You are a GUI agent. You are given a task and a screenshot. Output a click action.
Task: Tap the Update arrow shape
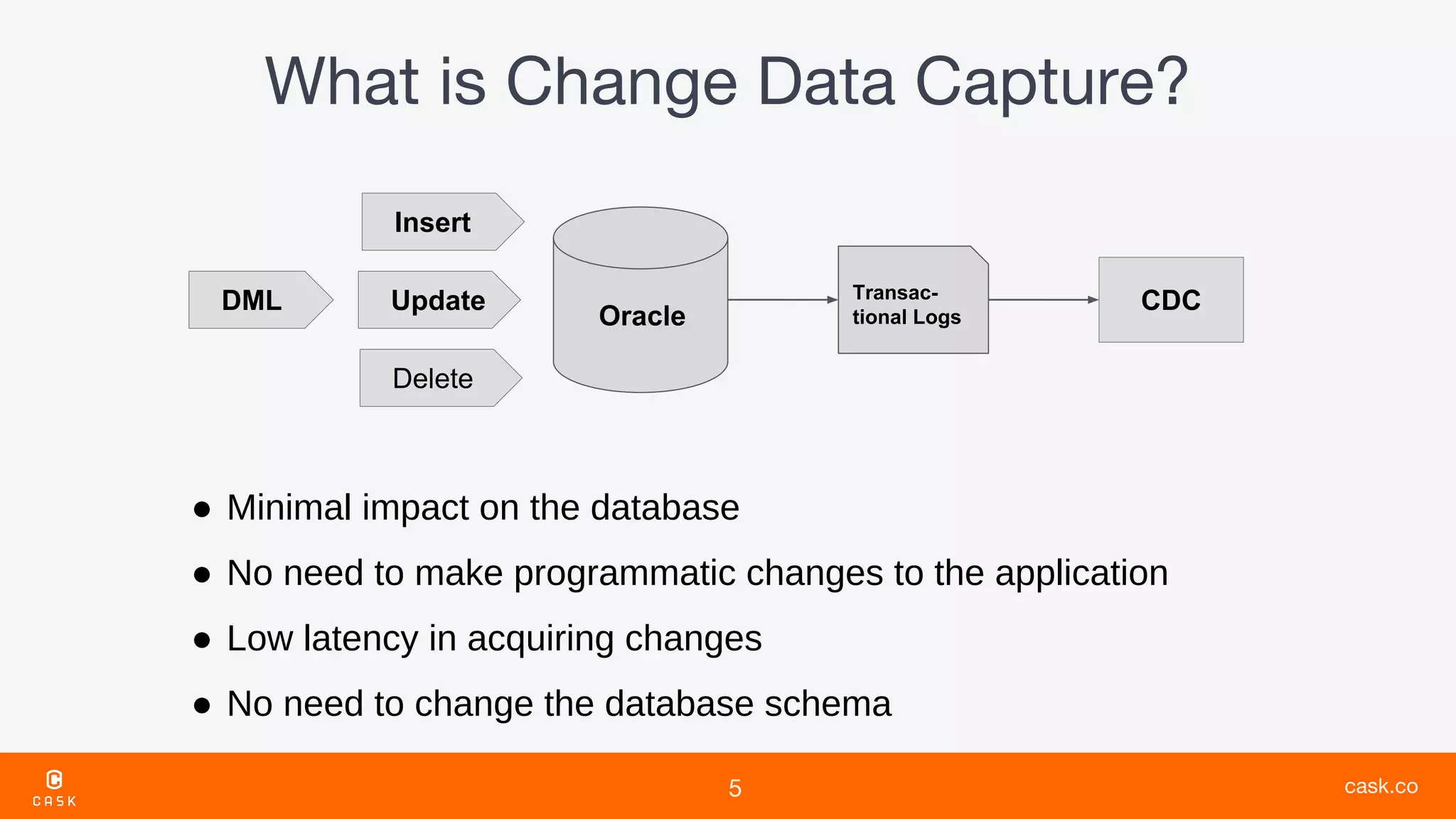point(439,300)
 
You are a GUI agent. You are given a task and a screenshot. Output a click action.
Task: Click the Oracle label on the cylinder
point(642,316)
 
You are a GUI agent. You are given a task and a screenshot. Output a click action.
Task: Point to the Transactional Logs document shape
point(912,301)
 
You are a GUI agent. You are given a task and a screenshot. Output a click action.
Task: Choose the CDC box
point(1170,300)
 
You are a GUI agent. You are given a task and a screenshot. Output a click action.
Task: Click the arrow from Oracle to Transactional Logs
point(782,300)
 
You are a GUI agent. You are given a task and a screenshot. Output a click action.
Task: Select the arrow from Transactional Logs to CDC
point(1043,300)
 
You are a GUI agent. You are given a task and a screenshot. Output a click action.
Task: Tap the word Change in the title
point(621,82)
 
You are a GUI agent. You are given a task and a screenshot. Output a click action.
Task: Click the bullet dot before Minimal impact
point(202,509)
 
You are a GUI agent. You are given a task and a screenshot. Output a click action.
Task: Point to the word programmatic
point(624,573)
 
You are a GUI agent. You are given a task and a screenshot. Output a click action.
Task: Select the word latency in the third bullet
point(360,638)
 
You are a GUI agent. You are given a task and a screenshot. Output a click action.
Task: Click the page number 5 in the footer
point(735,788)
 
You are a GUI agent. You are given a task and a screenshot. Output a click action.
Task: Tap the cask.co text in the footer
point(1381,786)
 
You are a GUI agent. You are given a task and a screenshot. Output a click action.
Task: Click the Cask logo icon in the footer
point(55,780)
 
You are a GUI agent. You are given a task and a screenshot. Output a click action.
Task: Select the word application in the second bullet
point(1081,573)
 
